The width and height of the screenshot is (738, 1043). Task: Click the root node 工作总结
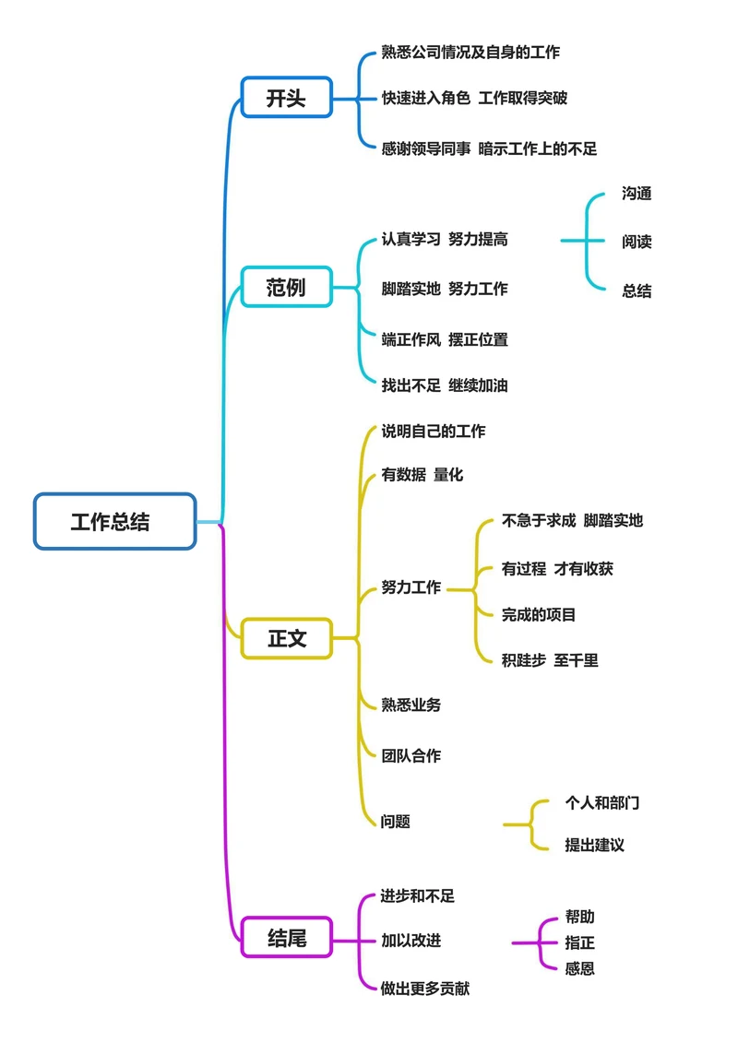tap(114, 522)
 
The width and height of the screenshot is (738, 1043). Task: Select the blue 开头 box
tap(286, 98)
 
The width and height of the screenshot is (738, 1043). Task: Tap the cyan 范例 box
tap(286, 287)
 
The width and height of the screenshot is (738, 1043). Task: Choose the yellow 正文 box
tap(286, 638)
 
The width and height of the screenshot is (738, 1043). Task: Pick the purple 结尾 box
tap(286, 939)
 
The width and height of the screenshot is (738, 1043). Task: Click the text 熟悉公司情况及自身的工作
tap(470, 53)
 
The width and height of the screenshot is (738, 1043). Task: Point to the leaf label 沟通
tap(637, 194)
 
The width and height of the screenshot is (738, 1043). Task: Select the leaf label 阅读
tap(637, 242)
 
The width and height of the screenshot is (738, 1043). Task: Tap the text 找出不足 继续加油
tap(445, 385)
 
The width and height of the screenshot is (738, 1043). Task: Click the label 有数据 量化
tap(423, 475)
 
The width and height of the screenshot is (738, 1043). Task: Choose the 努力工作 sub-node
tap(411, 587)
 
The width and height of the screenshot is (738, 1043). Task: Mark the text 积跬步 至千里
tap(550, 660)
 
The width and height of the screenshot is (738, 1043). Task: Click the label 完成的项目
tap(539, 614)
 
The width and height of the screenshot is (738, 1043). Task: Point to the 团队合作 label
tap(411, 755)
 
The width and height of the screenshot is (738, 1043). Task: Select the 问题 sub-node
tap(396, 821)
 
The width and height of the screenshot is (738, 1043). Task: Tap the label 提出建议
tap(594, 845)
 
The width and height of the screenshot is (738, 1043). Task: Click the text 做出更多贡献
tap(425, 989)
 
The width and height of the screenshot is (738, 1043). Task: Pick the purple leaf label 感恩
tap(579, 968)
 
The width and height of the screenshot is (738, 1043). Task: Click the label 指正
tap(579, 942)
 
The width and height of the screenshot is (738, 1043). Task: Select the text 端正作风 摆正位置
tap(445, 339)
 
